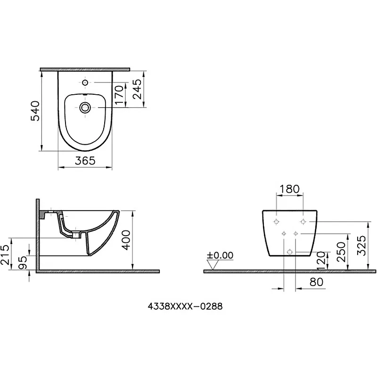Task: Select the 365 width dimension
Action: tap(85, 160)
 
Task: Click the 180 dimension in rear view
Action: tap(289, 189)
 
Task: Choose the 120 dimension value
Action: tap(320, 260)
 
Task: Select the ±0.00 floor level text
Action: tap(220, 255)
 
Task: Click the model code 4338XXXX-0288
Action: tap(185, 306)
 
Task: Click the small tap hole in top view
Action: tap(85, 83)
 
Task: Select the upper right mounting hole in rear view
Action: tap(303, 221)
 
